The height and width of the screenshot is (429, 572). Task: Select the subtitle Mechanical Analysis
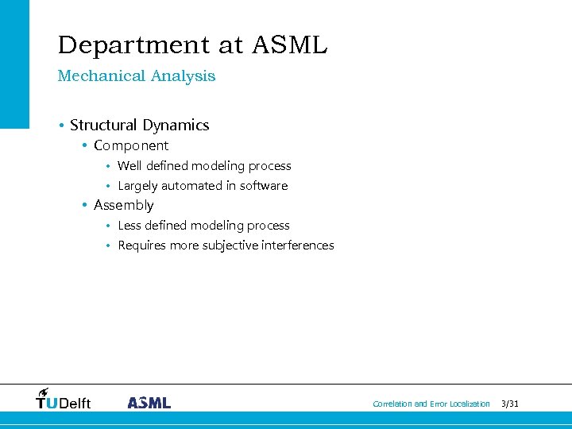pyautogui.click(x=136, y=76)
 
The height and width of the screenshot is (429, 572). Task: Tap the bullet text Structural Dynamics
pyautogui.click(x=139, y=126)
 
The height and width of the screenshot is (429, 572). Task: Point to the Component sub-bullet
pyautogui.click(x=131, y=146)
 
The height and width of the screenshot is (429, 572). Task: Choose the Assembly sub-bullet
pyautogui.click(x=123, y=206)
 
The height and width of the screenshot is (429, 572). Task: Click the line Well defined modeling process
pyautogui.click(x=204, y=166)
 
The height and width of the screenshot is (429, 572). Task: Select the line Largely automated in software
pyautogui.click(x=203, y=186)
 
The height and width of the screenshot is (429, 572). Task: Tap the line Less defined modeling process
pyautogui.click(x=203, y=226)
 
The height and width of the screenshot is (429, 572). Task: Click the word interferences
pyautogui.click(x=296, y=245)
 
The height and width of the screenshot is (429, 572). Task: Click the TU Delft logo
pyautogui.click(x=64, y=400)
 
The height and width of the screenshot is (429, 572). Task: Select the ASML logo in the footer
pyautogui.click(x=149, y=403)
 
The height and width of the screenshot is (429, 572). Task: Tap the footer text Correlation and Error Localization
pyautogui.click(x=431, y=404)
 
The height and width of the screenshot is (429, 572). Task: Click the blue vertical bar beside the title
pyautogui.click(x=14, y=64)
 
